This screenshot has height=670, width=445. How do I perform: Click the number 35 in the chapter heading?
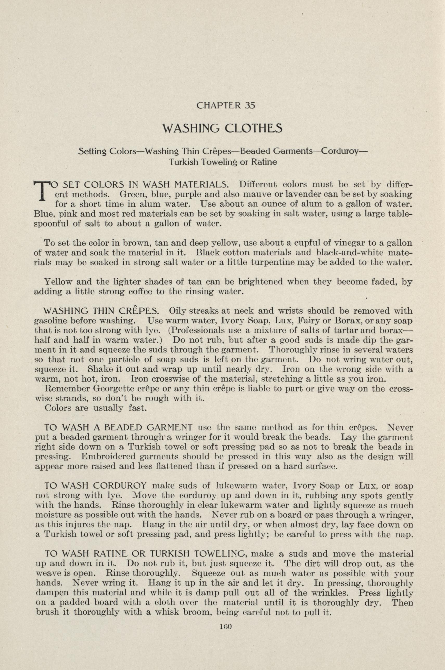click(x=250, y=106)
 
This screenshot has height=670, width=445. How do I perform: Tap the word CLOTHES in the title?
click(x=253, y=129)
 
